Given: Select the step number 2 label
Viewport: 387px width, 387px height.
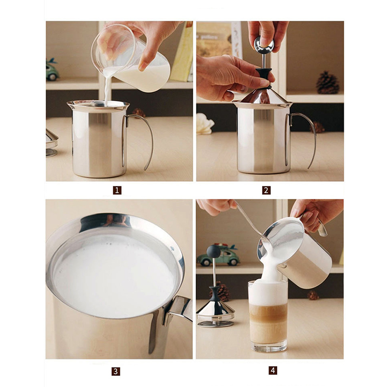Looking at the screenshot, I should pyautogui.click(x=266, y=190).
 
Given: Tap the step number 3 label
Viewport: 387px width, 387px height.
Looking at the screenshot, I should pyautogui.click(x=116, y=372).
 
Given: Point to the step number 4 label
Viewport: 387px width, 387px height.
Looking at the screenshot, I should pyautogui.click(x=273, y=371).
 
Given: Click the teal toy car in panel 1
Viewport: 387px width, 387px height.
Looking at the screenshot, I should pyautogui.click(x=52, y=70).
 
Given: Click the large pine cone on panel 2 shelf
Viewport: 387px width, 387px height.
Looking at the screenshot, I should pyautogui.click(x=327, y=83).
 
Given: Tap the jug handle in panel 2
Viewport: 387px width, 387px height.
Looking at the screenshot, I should pyautogui.click(x=307, y=138).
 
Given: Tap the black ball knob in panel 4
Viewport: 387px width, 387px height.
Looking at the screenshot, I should pyautogui.click(x=213, y=251).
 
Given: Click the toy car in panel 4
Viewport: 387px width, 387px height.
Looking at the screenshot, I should pyautogui.click(x=220, y=256).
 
